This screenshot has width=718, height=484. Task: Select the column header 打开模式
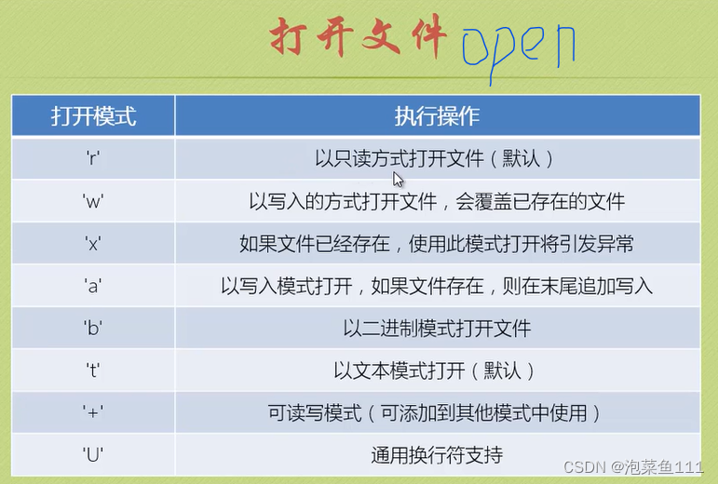pyautogui.click(x=92, y=116)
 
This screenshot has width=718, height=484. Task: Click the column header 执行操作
pyautogui.click(x=436, y=116)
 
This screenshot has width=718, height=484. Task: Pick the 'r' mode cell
pyautogui.click(x=92, y=158)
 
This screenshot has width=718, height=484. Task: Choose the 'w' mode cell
pyautogui.click(x=92, y=201)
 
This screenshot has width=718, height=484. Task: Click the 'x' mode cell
pyautogui.click(x=92, y=244)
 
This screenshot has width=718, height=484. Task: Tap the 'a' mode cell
pyautogui.click(x=92, y=286)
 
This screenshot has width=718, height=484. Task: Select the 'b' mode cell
pyautogui.click(x=92, y=329)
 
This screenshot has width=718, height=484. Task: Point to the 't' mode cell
pyautogui.click(x=92, y=370)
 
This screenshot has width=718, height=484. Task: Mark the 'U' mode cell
pyautogui.click(x=92, y=455)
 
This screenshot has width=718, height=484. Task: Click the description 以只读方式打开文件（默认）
pyautogui.click(x=436, y=158)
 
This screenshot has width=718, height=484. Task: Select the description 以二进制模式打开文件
pyautogui.click(x=436, y=329)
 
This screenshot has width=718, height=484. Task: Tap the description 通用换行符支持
pyautogui.click(x=436, y=455)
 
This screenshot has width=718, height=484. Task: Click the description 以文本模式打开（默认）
pyautogui.click(x=436, y=370)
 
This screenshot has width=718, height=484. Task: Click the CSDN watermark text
pyautogui.click(x=642, y=466)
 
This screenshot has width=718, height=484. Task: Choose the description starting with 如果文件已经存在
pyautogui.click(x=436, y=244)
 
